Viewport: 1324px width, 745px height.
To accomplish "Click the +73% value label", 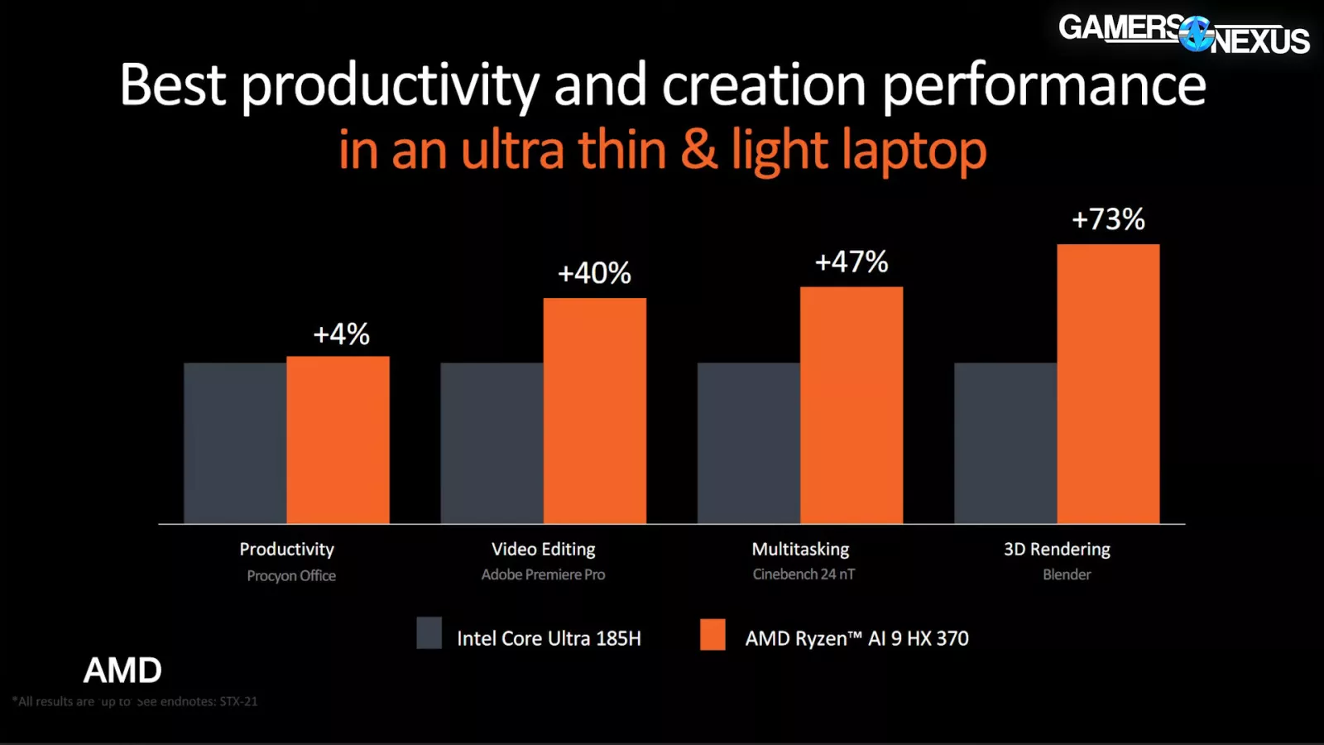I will [1108, 219].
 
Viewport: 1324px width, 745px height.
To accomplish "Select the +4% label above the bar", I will [341, 334].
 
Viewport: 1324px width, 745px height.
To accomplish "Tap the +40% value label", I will [594, 273].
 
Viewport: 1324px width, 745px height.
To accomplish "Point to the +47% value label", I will [851, 262].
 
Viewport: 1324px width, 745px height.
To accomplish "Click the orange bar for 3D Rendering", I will [1108, 384].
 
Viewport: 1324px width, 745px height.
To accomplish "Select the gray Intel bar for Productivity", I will [235, 443].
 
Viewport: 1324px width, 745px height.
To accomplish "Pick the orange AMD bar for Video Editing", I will [594, 411].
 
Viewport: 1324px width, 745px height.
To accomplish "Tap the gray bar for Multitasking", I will [749, 443].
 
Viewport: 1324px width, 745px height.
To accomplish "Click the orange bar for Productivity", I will [338, 440].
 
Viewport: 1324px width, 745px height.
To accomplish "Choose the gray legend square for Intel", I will [429, 633].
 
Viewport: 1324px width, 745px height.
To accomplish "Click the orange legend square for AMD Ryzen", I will [712, 634].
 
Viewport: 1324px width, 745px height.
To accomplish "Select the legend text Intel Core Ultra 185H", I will [549, 638].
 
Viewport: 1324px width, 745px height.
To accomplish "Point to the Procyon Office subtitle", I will [291, 575].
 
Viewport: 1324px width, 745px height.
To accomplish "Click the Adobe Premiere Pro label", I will [543, 574].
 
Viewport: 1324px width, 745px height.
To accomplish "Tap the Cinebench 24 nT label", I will [804, 574].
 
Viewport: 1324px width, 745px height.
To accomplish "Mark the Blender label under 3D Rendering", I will [1067, 574].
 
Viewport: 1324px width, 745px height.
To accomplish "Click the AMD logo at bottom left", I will [122, 670].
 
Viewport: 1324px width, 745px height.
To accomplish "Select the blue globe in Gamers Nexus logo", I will [1196, 34].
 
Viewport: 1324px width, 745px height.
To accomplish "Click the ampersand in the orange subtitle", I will [699, 150].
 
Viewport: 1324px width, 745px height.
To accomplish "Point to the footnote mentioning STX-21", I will [135, 701].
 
